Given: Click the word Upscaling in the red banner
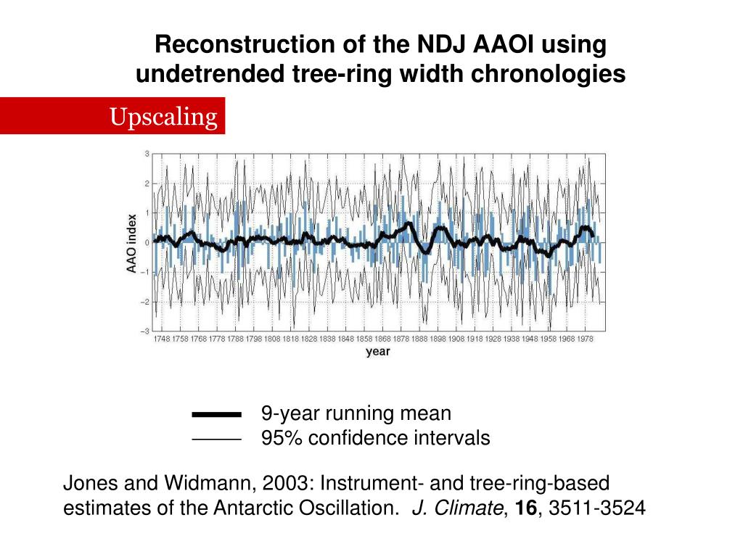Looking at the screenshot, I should tap(163, 116).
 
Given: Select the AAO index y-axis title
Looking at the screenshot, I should tap(132, 243).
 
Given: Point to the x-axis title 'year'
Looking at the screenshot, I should tap(377, 352).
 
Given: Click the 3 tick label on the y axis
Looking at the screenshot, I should tap(147, 154).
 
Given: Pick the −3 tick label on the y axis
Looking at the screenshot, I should tap(147, 331).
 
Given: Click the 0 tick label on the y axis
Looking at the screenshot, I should tap(147, 243).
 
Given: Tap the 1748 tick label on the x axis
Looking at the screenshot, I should tap(162, 339).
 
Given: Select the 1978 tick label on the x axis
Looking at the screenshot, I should tap(586, 339).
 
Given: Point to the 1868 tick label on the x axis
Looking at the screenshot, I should tap(383, 339).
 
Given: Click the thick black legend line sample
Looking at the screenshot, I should tap(216, 415).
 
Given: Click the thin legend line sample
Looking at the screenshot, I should tap(216, 440).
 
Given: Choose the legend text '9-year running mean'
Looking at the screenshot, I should tap(356, 414).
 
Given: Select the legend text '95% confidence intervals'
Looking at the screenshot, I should tap(375, 438).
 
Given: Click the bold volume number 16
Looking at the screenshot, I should tap(527, 508).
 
